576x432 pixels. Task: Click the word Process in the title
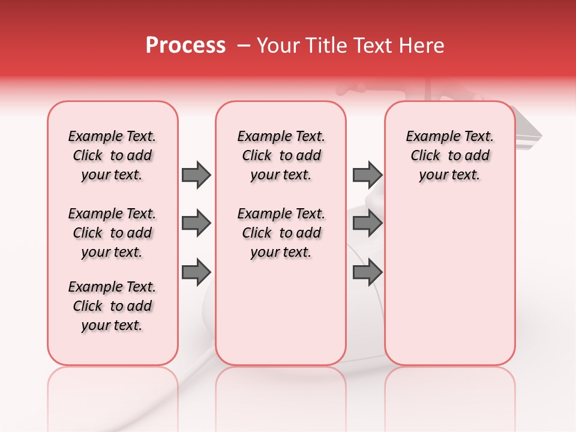point(185,46)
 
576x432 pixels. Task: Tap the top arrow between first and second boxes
point(196,175)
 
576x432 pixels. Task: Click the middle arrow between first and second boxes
point(196,224)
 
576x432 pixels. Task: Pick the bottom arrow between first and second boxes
point(196,272)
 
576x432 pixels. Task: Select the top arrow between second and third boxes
point(367,175)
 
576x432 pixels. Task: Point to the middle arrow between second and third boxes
point(367,224)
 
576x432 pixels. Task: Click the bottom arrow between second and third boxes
point(367,272)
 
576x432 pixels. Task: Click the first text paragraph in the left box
point(112,155)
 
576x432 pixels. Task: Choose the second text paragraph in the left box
point(112,233)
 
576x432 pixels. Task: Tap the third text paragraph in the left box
point(112,306)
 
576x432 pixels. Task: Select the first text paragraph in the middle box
point(281,155)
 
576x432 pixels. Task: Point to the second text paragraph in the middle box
point(281,233)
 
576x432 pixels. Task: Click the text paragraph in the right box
point(450,155)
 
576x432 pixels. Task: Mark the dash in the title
point(244,46)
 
